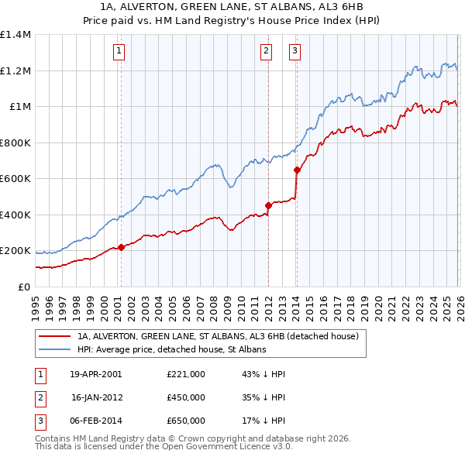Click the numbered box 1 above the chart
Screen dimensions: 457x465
coord(120,52)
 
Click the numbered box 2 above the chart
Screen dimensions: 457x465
coord(267,52)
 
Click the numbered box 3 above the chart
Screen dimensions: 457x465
coord(295,52)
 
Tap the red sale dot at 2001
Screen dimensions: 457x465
coord(121,247)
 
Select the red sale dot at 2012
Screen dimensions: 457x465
coord(268,206)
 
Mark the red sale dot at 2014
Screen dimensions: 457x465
coord(296,170)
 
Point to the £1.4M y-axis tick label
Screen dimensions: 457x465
coord(15,35)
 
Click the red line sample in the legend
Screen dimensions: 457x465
coord(55,337)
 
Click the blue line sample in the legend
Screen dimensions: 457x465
coord(55,350)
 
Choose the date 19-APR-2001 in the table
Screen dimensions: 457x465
coord(95,374)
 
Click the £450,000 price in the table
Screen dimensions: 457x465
coord(186,397)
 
